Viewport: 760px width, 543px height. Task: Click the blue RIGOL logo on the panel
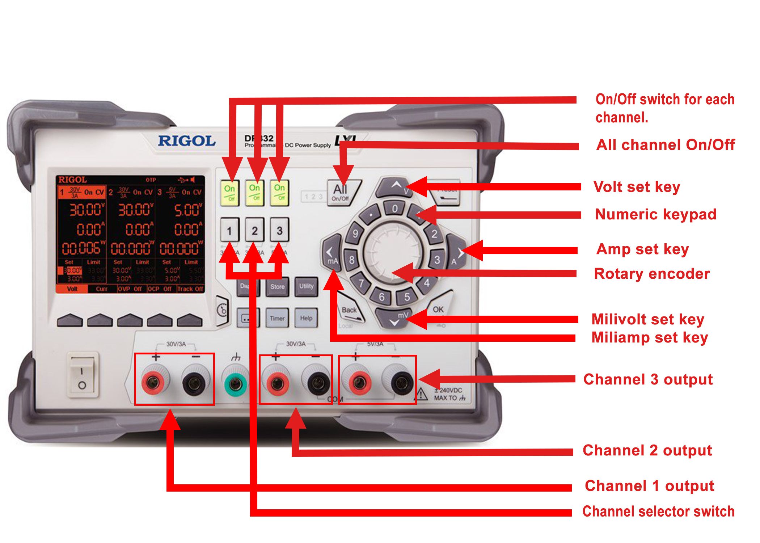coord(186,141)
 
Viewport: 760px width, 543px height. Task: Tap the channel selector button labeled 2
coord(254,230)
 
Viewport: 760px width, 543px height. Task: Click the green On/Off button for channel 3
coord(279,192)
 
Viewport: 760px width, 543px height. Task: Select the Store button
coord(277,286)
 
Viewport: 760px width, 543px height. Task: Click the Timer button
coord(277,318)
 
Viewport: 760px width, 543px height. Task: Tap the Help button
coord(306,318)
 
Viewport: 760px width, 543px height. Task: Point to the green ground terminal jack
coord(236,383)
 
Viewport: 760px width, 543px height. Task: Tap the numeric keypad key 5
coord(407,297)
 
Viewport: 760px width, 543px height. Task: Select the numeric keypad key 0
coord(394,209)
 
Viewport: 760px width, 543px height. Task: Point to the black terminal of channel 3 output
coord(401,382)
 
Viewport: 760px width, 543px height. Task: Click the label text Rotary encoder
coord(651,274)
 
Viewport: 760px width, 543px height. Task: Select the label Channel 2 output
coord(647,450)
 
